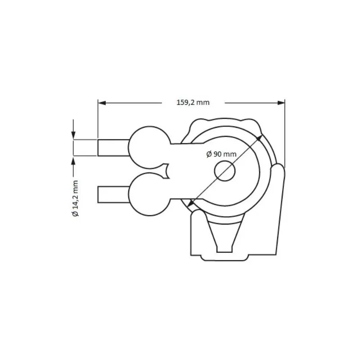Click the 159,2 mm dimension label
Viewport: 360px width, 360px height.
(193, 103)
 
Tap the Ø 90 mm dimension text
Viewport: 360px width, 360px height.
(221, 154)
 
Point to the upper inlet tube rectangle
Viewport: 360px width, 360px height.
(113, 148)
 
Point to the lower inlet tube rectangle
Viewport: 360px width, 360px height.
(113, 194)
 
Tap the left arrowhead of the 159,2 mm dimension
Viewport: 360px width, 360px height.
(102, 103)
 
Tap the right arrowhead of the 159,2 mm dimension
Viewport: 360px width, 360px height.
(281, 103)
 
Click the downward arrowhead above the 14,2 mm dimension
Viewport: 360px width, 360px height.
(73, 135)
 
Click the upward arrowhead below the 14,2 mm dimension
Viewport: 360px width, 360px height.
(73, 161)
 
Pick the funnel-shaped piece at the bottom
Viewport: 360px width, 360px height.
(225, 234)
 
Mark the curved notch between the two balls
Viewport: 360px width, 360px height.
(167, 170)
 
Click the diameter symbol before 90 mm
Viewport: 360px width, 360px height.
(209, 154)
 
